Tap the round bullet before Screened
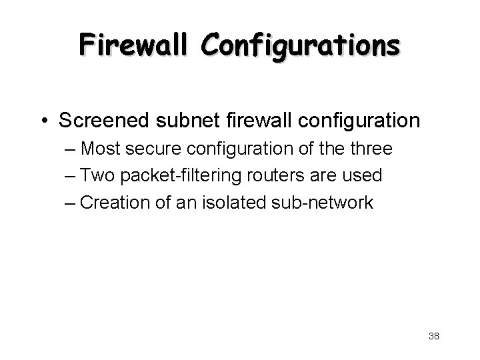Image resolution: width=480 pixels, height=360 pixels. click(43, 121)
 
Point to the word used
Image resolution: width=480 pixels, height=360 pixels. click(363, 175)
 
